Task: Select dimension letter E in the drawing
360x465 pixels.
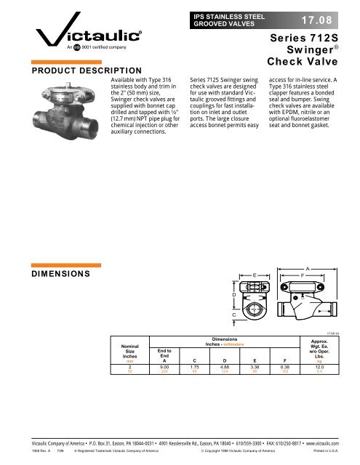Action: coord(254,275)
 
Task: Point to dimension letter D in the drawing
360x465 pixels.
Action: coord(233,296)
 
